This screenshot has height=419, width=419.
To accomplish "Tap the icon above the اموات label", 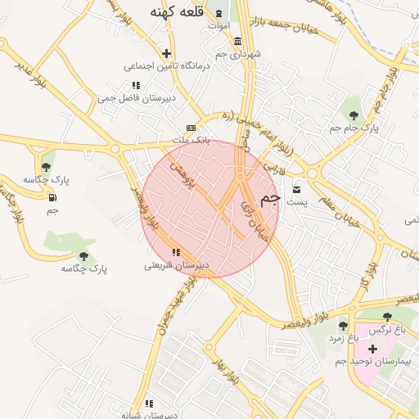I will [219, 13].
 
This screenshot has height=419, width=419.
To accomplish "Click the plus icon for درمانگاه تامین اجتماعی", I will [167, 53].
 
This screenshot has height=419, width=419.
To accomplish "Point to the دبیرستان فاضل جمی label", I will [130, 97].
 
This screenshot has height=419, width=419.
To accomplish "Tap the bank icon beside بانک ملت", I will [191, 128].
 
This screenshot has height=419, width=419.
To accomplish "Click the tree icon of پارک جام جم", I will [354, 115].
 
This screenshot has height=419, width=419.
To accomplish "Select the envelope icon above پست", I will [297, 189].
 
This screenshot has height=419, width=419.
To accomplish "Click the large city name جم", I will [271, 199].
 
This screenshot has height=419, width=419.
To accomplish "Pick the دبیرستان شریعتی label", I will [177, 265].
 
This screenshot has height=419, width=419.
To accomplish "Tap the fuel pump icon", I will [53, 197].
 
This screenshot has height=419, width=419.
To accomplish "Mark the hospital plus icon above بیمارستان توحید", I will [372, 349].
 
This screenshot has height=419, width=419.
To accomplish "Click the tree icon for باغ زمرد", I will [343, 325].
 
